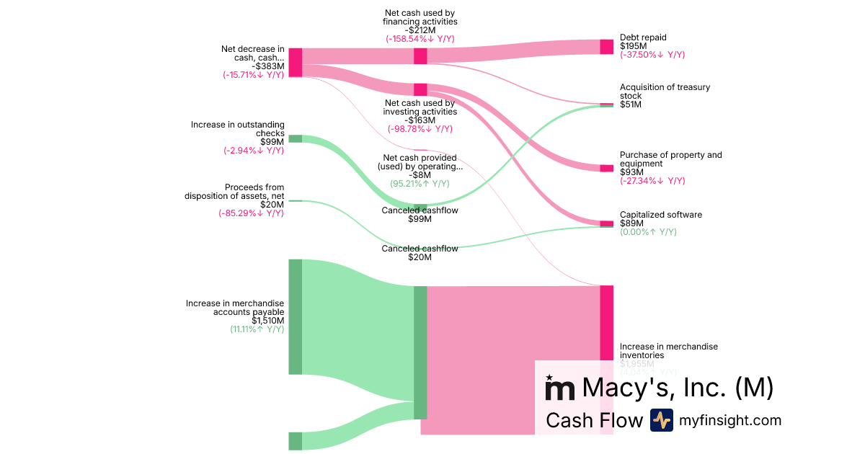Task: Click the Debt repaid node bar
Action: click(606, 47)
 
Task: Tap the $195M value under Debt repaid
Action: click(633, 46)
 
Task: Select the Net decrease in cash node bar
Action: click(295, 62)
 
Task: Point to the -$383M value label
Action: click(268, 66)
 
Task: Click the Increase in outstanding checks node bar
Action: click(295, 139)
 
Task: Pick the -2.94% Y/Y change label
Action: click(254, 151)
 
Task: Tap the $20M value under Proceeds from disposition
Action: click(272, 205)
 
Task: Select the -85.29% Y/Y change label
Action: click(252, 213)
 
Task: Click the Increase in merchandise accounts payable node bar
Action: click(295, 316)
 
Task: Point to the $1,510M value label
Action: click(267, 321)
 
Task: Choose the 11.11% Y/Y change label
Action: click(257, 329)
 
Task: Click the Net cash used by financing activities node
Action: click(420, 56)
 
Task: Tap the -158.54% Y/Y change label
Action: click(420, 39)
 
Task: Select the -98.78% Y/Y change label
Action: click(420, 129)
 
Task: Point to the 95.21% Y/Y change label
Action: click(420, 184)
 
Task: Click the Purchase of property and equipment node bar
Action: click(606, 168)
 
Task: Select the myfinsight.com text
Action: click(730, 420)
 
